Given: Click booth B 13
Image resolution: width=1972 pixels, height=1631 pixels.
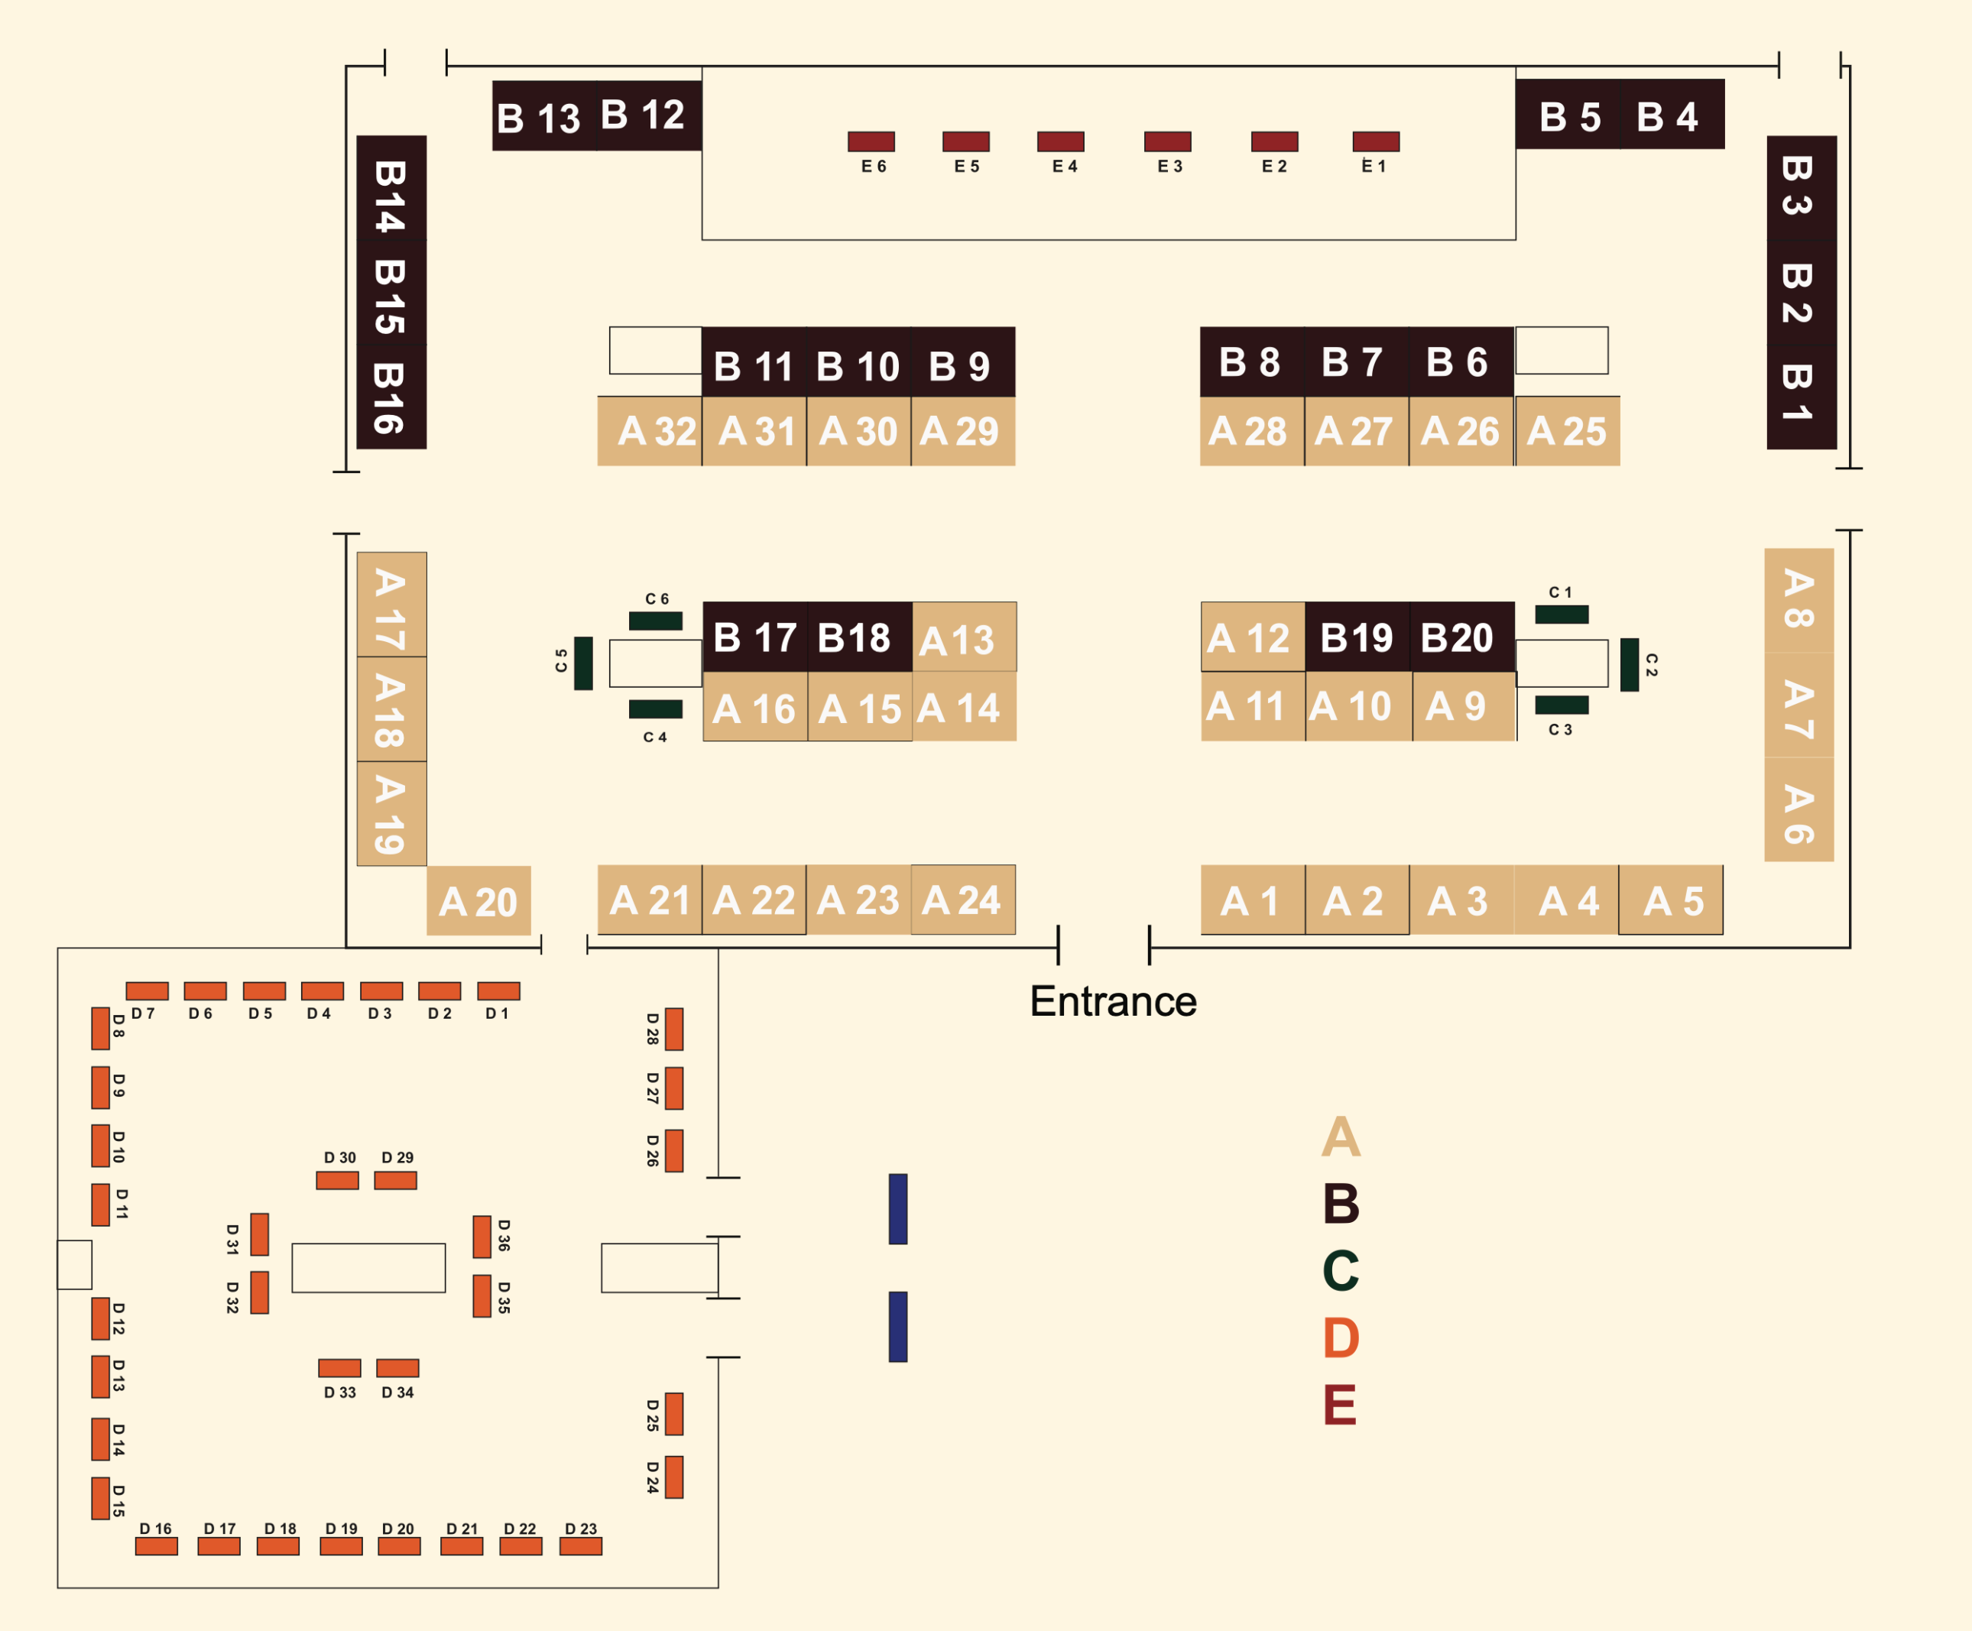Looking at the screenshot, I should pos(543,116).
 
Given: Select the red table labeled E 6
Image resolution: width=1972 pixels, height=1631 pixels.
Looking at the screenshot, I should pos(871,142).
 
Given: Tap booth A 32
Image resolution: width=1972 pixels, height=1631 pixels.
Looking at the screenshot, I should pos(650,431).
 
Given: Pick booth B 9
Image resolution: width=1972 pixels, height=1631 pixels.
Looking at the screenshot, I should pos(962,362).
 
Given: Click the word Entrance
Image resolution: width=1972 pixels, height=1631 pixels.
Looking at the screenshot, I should pos(1113,1002).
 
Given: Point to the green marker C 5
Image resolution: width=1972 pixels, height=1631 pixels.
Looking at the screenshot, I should pos(583,663).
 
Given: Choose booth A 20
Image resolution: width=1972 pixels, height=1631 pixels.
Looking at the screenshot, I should pos(478,901).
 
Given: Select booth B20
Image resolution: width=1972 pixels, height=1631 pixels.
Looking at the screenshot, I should pos(1461,637).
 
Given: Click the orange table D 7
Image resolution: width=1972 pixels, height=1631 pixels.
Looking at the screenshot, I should pos(148,991).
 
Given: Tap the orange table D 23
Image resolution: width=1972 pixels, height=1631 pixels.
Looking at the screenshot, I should pos(580,1545).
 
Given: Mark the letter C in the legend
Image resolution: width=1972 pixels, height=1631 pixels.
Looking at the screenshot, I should pos(1340,1270).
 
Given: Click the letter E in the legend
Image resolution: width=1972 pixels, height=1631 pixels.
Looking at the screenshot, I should pos(1340,1406).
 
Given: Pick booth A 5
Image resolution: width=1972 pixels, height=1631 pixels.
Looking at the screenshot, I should pos(1671,900).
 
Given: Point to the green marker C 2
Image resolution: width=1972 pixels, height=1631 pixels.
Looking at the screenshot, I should pos(1630,665).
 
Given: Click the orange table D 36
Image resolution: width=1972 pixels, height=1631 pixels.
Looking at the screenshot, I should pos(482,1237).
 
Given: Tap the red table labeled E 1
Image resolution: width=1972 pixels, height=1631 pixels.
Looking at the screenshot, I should pos(1376,142).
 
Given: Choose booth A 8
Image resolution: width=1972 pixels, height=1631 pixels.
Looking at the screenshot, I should pos(1798,601).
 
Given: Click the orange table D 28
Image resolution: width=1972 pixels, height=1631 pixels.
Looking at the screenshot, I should pos(673,1029).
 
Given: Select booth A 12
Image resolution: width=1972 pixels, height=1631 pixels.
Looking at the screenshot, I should pos(1252,637).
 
